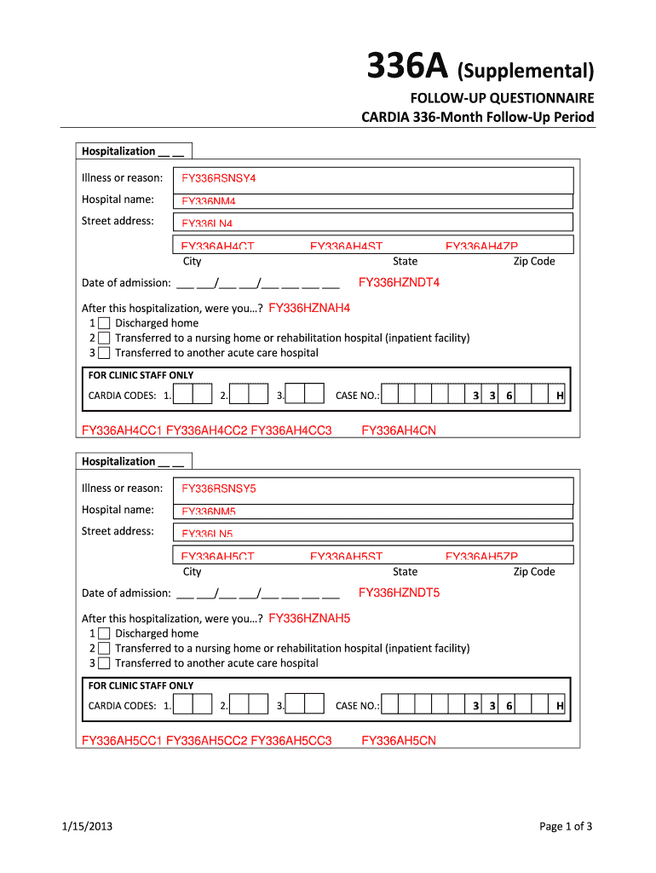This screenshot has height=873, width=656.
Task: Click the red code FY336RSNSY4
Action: point(219,178)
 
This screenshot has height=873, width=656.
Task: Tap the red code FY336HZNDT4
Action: point(399,282)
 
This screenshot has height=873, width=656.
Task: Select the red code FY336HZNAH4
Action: point(309,308)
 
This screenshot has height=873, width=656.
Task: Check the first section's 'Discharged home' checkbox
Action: point(104,323)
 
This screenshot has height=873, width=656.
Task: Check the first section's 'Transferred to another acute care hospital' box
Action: point(104,353)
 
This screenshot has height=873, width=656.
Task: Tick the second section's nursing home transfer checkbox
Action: point(104,648)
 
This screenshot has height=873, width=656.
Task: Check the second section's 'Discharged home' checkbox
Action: point(104,633)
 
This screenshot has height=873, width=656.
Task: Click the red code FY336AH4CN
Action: point(399,431)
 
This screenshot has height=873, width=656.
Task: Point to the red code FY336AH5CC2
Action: point(206,741)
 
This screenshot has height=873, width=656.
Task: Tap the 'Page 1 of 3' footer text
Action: point(566,826)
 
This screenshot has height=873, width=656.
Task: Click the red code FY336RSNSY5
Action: point(219,489)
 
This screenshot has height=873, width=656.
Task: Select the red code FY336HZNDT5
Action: point(399,593)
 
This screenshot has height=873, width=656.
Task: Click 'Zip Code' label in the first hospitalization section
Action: point(533,262)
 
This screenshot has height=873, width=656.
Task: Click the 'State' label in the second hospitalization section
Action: point(405,572)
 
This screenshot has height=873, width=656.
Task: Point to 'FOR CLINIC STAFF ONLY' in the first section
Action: point(141,375)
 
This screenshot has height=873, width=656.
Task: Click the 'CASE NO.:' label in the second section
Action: point(358,706)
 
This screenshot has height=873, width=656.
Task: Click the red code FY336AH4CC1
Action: point(122,431)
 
